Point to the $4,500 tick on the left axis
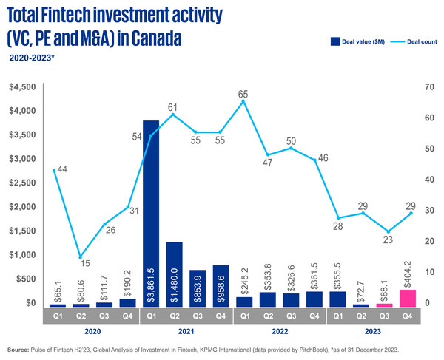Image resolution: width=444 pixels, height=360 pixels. coord(20,87)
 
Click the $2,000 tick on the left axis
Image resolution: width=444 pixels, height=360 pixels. coord(20,207)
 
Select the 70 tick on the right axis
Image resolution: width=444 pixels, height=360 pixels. coord(428,87)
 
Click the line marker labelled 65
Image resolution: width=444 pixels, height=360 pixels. coord(243,101)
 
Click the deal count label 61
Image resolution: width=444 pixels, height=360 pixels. coord(171,107)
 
